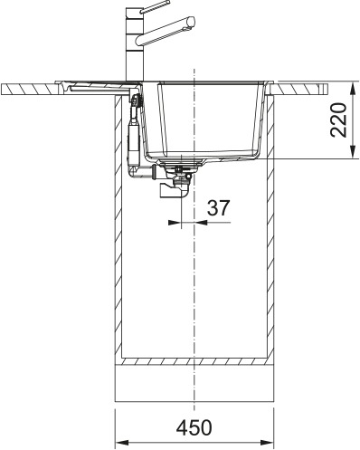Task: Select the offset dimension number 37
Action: coord(216,207)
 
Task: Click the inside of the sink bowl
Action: coord(209,118)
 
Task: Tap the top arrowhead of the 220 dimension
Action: coord(352,84)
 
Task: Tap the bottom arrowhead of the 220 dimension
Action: coord(352,155)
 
